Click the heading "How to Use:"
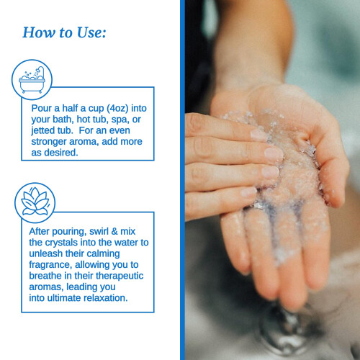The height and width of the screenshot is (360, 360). (x=64, y=32)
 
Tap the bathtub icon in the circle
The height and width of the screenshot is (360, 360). (x=32, y=80)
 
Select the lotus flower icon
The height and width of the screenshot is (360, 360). (x=35, y=202)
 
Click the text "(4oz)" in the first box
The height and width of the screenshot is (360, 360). (x=117, y=109)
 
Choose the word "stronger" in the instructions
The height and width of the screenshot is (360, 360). (x=49, y=142)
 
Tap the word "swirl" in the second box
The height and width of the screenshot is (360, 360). (x=99, y=231)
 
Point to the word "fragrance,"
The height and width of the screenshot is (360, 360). (x=50, y=265)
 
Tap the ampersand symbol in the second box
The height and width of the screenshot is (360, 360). (x=114, y=231)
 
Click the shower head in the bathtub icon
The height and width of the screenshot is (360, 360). (x=40, y=70)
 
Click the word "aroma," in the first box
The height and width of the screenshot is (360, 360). (x=84, y=142)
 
